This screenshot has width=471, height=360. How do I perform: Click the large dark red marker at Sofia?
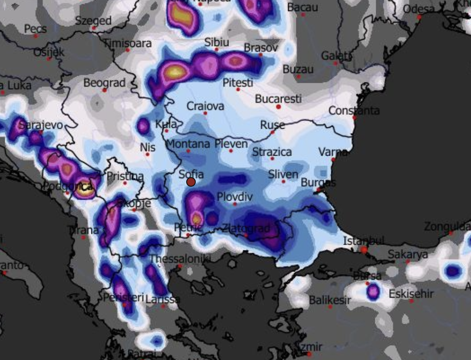[x=191, y=182]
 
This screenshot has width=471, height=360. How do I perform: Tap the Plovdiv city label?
[x=235, y=197]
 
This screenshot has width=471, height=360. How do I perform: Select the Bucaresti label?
[x=278, y=99]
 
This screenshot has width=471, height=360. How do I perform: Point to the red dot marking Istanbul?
[x=364, y=249]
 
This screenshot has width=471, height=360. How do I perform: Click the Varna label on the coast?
[x=333, y=152]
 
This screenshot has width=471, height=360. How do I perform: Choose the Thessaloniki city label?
[x=180, y=259]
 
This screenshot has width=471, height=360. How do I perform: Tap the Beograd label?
[x=104, y=83]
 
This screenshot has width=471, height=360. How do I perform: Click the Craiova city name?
[x=205, y=106]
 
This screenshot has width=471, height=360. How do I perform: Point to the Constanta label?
[x=354, y=111]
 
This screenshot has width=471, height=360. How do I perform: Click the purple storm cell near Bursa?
[x=373, y=291]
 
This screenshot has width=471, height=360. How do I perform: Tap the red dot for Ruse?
[x=273, y=132]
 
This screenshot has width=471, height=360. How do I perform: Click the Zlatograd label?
[x=246, y=228]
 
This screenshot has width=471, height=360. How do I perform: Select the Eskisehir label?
[x=411, y=293]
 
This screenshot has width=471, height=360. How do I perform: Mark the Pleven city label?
[x=231, y=144]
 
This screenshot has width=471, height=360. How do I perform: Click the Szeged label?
[x=93, y=21]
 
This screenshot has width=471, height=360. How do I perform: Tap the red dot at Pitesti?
[x=238, y=89]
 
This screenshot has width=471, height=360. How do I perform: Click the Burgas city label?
[x=318, y=183]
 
